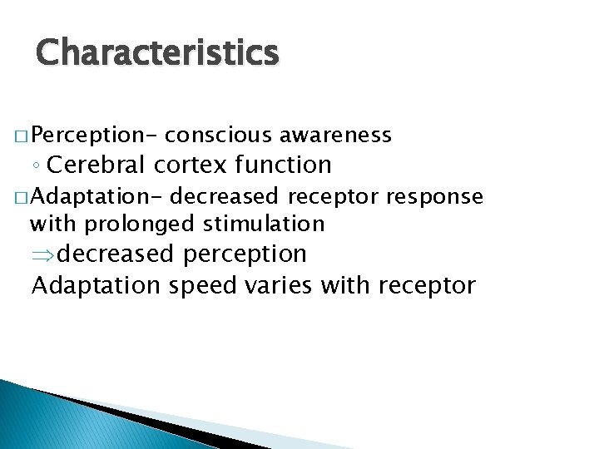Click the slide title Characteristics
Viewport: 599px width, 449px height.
coord(157,52)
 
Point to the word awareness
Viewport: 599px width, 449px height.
coord(335,135)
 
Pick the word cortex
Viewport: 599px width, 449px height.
coord(191,165)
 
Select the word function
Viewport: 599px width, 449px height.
coord(283,165)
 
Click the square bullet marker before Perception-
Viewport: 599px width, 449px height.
coord(19,136)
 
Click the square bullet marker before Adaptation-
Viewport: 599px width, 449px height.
coord(19,197)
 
